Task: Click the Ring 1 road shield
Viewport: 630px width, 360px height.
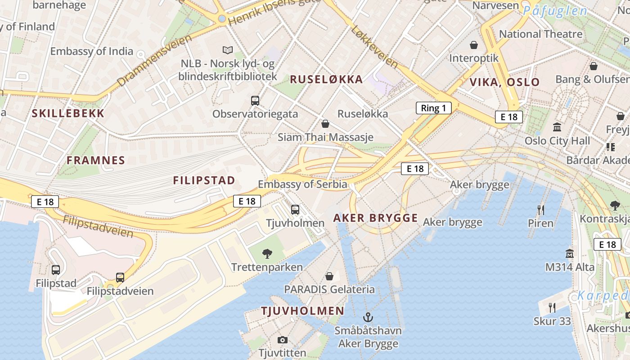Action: (433, 108)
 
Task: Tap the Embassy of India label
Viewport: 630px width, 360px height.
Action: (92, 51)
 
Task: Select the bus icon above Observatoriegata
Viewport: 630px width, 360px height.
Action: (255, 101)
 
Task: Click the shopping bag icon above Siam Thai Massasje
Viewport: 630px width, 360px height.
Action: (325, 124)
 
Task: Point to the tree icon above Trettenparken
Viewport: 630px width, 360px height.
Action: (267, 254)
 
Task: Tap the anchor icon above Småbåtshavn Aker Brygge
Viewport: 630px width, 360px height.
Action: (368, 317)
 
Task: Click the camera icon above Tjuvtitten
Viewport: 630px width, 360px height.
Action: (283, 340)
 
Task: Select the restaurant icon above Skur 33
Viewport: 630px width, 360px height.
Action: (552, 308)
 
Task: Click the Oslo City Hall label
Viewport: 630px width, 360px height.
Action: (557, 141)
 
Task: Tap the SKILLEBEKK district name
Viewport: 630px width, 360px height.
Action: (68, 113)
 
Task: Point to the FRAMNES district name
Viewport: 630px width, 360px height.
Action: (96, 160)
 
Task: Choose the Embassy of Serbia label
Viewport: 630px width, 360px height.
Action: (302, 184)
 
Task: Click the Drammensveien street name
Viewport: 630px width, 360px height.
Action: (154, 60)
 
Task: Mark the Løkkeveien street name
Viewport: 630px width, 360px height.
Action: (374, 47)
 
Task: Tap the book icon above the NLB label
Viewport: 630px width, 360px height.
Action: (228, 50)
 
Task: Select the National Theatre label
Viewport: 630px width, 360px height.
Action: (540, 34)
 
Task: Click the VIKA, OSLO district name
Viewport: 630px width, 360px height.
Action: (504, 82)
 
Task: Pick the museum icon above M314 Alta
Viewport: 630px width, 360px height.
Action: (570, 253)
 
